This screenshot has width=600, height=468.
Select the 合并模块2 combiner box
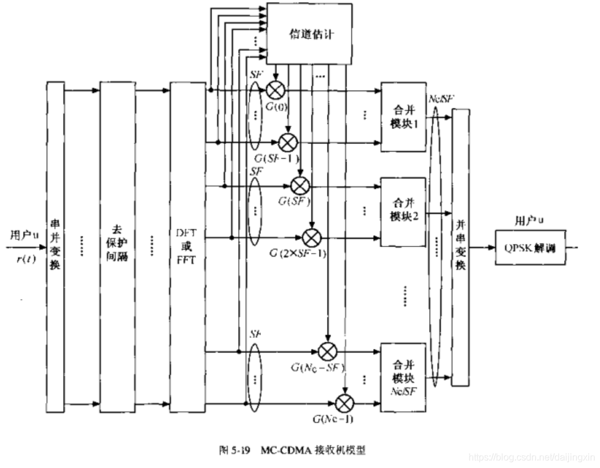coord(403,211)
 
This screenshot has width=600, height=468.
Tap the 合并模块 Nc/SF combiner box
coord(403,377)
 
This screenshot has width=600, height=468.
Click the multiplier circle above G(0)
coord(275,90)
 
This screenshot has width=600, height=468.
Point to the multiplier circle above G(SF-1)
coord(288,142)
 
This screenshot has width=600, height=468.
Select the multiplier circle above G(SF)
coord(300,185)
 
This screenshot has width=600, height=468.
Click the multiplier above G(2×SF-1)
coord(312,237)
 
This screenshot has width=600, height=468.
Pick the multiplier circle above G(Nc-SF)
coord(328,351)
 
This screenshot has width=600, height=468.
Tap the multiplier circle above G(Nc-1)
coord(344,403)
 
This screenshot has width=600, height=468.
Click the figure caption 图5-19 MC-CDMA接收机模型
coord(292,450)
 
